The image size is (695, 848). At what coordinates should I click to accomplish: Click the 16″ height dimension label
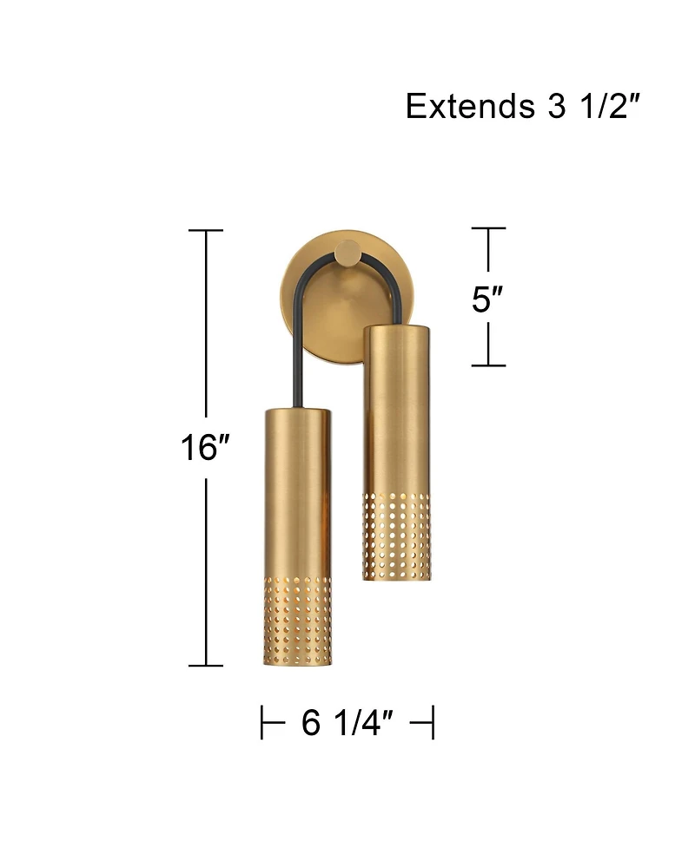click(205, 448)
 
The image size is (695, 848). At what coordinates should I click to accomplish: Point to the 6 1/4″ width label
click(347, 722)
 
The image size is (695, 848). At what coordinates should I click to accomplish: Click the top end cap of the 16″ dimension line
click(206, 231)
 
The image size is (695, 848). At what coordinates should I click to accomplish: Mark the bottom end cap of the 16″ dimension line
click(206, 666)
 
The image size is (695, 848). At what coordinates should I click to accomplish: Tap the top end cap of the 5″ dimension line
click(488, 228)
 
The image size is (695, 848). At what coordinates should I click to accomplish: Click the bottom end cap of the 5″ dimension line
click(488, 365)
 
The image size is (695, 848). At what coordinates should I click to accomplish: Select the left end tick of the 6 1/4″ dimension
click(262, 722)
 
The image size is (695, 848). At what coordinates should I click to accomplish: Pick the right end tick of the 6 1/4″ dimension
click(432, 722)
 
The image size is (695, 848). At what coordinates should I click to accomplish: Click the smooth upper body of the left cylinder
click(296, 486)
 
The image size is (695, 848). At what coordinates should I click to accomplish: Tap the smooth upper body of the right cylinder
click(396, 408)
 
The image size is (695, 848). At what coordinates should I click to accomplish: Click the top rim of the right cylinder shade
click(396, 326)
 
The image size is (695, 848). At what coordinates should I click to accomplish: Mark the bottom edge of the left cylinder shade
click(296, 664)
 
